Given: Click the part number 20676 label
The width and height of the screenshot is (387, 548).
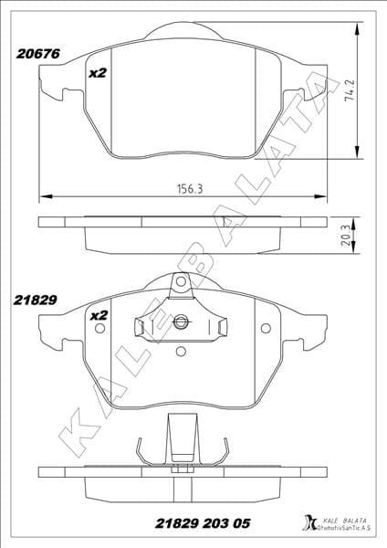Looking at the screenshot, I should click(37, 54).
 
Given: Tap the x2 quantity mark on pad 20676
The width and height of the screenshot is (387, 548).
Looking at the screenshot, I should click(98, 72).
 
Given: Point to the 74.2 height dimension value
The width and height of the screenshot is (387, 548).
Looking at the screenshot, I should click(350, 92).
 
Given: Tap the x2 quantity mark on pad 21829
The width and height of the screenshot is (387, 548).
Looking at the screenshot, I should click(98, 315).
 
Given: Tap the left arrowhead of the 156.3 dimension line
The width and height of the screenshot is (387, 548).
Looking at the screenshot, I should click(43, 195).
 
